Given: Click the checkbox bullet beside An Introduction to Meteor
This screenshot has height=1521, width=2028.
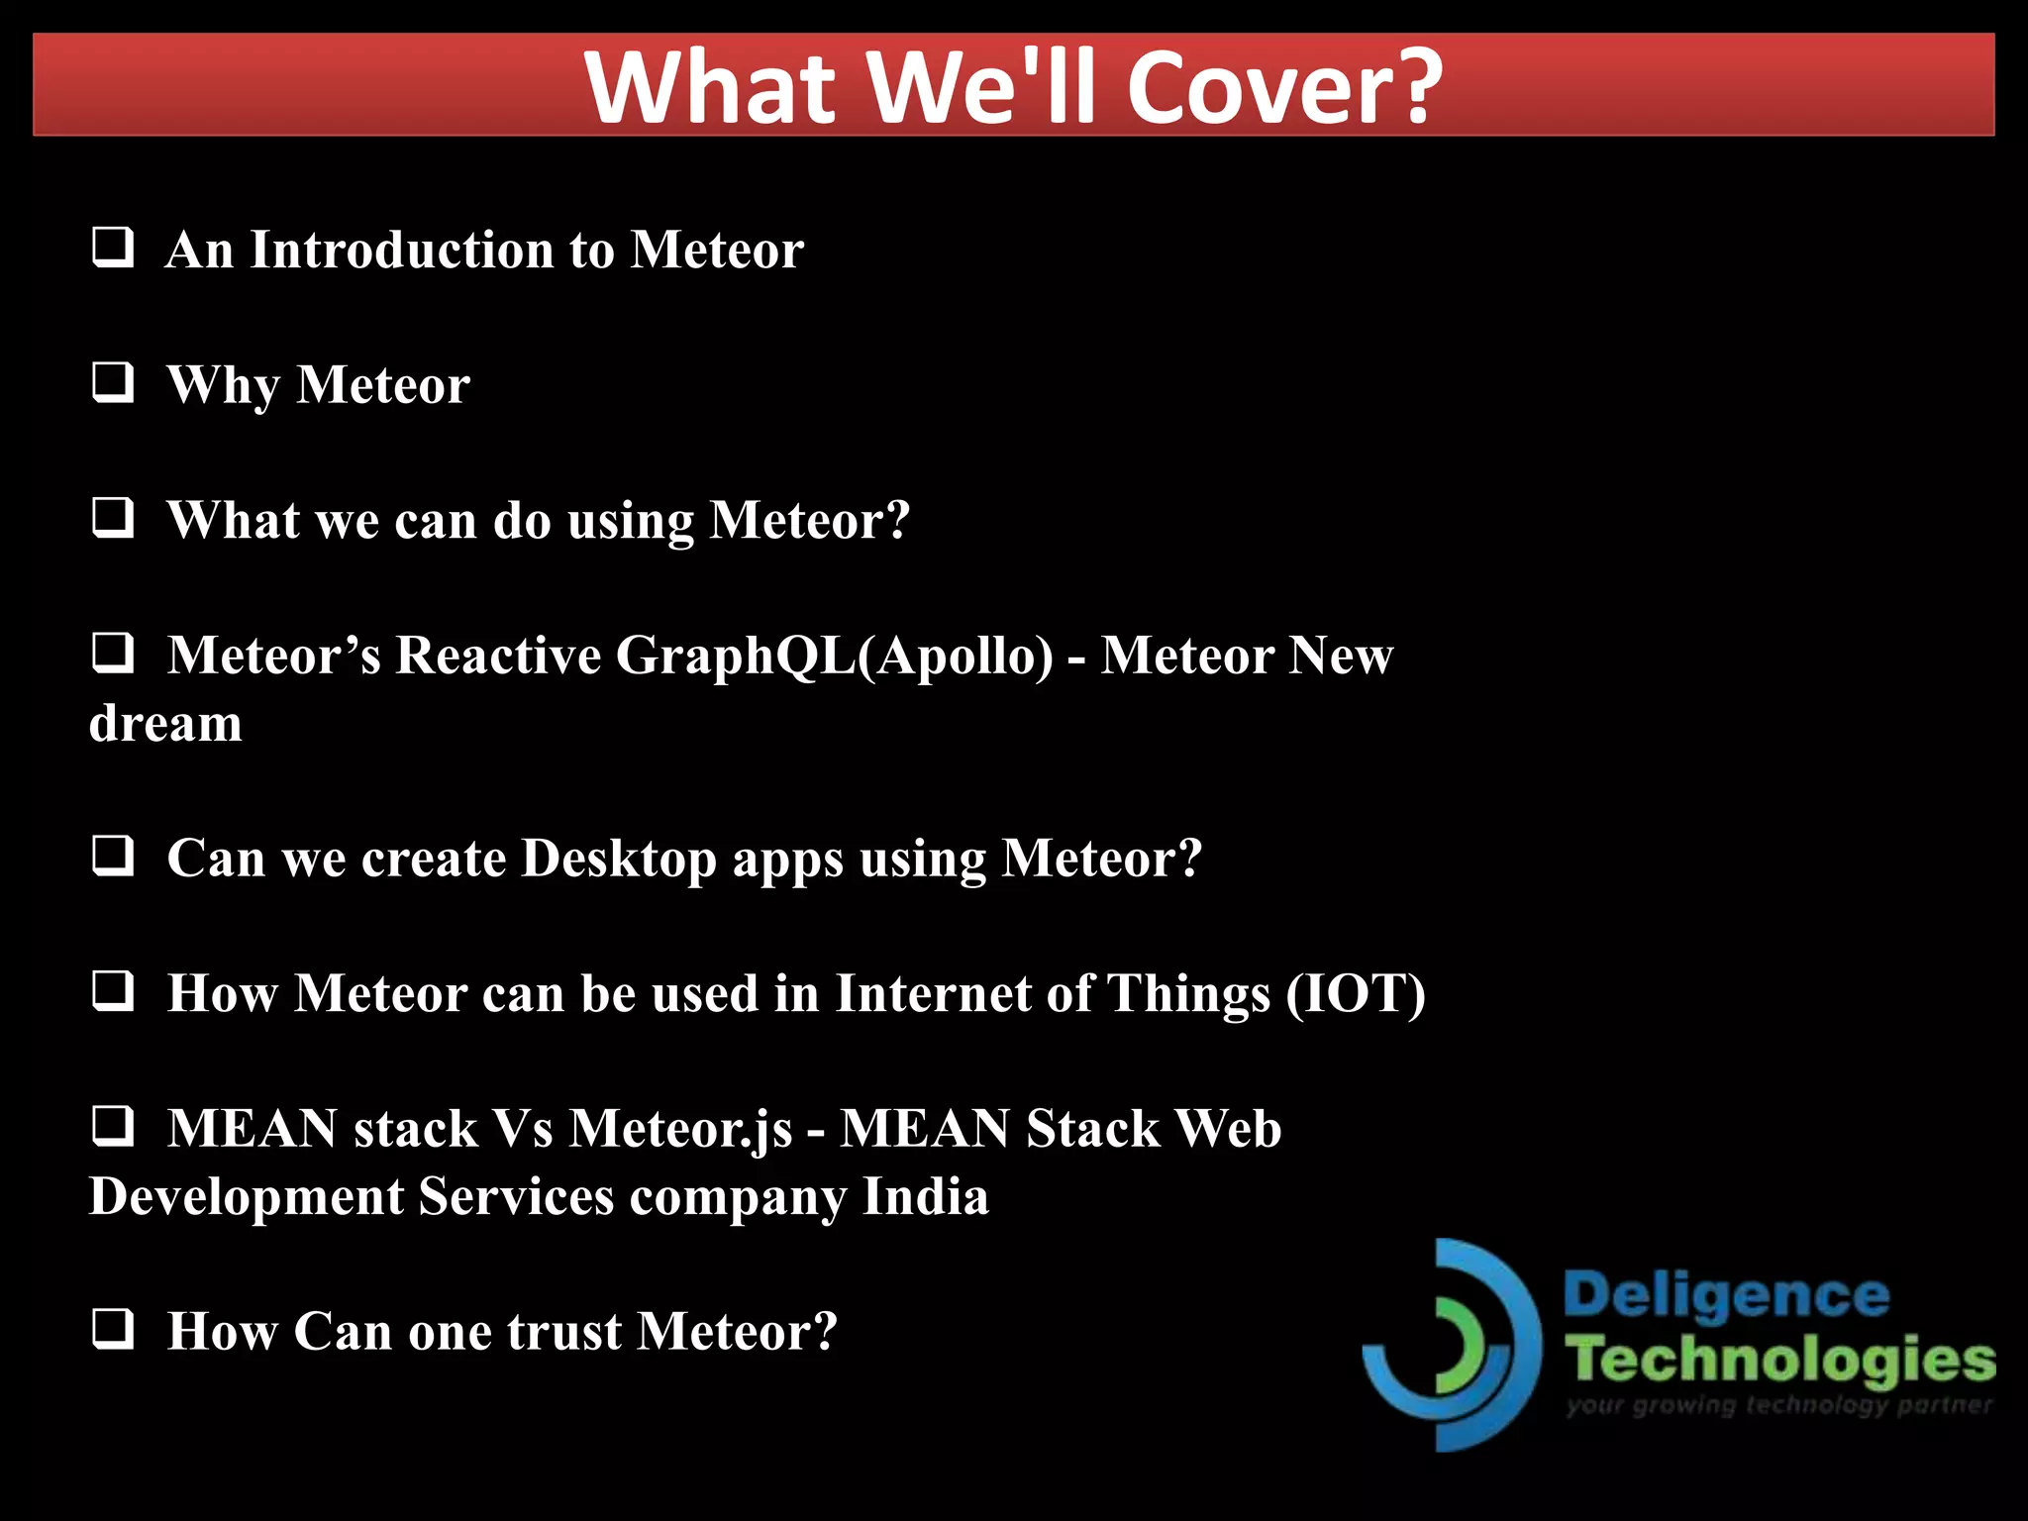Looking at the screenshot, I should (x=113, y=248).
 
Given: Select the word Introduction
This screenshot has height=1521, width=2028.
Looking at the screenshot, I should (x=401, y=250).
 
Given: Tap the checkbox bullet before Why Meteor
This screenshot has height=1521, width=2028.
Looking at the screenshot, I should (x=113, y=382).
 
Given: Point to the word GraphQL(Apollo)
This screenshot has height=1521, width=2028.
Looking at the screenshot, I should (x=834, y=657).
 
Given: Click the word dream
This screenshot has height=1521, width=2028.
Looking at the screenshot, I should (x=165, y=723).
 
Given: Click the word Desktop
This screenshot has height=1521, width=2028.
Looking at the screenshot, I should (x=619, y=859).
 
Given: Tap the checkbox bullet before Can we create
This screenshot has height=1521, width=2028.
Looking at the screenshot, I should (x=113, y=856).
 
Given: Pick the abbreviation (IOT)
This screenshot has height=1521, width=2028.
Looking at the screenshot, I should (x=1356, y=993).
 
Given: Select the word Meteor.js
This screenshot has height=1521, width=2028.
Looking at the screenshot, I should (x=681, y=1130).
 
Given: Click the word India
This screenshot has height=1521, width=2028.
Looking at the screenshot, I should (x=925, y=1197).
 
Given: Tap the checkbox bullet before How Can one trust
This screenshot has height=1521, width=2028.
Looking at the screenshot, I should (x=113, y=1329).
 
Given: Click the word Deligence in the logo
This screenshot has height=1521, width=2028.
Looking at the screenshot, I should (x=1726, y=1295).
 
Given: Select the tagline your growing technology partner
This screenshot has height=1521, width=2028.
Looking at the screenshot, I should (x=1778, y=1405).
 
